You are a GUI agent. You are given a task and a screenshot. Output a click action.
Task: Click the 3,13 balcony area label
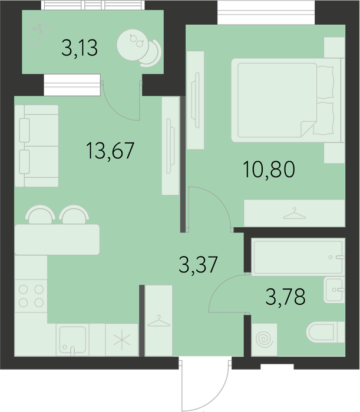click(x=80, y=48)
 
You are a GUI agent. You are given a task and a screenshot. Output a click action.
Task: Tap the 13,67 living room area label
click(x=110, y=150)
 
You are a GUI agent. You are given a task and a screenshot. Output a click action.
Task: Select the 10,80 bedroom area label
click(x=269, y=170)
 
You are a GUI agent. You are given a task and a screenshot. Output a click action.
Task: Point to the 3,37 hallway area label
click(x=199, y=265)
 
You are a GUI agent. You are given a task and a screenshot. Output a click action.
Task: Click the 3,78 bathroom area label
click(x=286, y=297)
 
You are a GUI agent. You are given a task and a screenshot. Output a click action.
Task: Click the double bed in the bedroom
click(x=288, y=100)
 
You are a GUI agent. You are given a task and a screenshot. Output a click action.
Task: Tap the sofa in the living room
click(x=37, y=146)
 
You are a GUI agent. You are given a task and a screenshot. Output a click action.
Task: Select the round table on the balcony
click(x=133, y=44)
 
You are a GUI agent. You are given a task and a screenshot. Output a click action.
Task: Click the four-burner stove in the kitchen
click(x=31, y=296)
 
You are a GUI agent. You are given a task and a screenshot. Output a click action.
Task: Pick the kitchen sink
click(x=72, y=340)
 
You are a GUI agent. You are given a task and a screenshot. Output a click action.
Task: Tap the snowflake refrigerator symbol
click(x=122, y=340)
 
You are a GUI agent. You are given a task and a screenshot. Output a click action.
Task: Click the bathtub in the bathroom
click(x=298, y=257)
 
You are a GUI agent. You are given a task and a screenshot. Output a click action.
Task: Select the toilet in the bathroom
click(x=326, y=333)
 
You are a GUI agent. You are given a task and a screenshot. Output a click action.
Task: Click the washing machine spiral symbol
click(x=265, y=340)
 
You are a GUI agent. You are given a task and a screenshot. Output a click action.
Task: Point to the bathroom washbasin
click(x=334, y=290)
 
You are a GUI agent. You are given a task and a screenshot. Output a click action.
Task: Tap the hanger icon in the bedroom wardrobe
click(x=294, y=214)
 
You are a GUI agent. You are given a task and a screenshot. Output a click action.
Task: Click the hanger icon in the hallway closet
click(x=158, y=321)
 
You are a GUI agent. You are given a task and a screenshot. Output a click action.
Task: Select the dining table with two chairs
click(x=57, y=230)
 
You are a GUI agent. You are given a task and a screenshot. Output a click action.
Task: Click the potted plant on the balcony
click(x=41, y=31)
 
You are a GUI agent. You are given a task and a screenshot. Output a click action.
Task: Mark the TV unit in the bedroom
click(x=196, y=100)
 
